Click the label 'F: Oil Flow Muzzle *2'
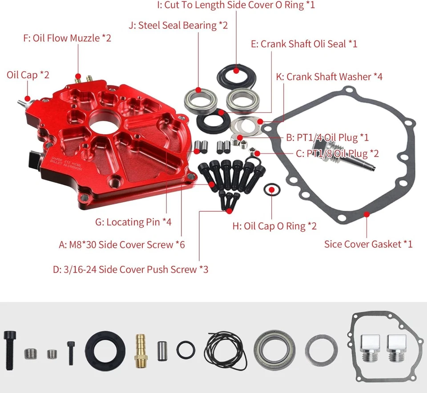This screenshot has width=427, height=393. coord(67,38)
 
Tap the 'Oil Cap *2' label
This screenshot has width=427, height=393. coord(28,74)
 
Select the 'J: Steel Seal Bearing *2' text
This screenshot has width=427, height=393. coord(178,25)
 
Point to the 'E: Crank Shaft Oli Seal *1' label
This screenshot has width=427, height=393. coord(304,44)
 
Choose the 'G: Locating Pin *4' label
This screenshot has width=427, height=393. coord(133,222)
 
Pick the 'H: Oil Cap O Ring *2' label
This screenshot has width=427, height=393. coord(274,226)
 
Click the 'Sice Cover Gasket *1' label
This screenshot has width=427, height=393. coord(368,244)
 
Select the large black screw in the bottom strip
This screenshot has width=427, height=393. coord(10,348)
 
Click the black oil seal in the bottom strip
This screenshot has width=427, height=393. coord(105,348)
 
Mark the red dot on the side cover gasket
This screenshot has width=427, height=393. coord(367,214)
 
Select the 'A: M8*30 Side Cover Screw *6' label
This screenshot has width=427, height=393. coord(122,245)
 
